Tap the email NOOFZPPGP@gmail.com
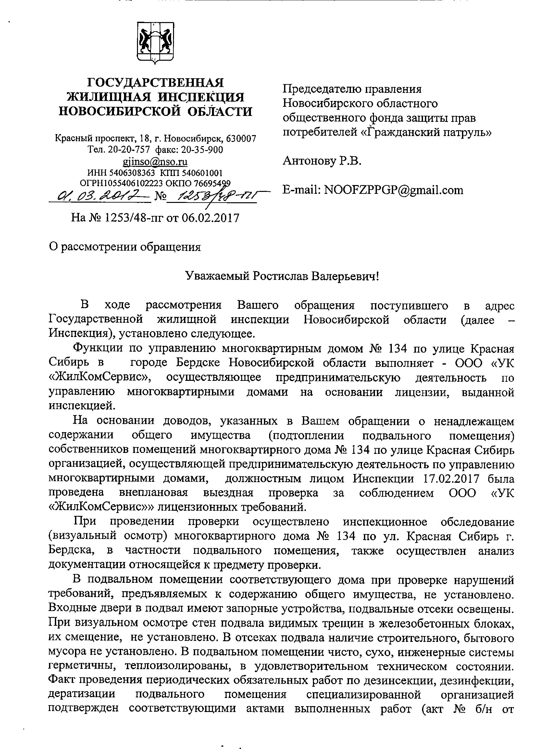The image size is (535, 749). (x=394, y=190)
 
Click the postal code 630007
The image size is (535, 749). (x=242, y=138)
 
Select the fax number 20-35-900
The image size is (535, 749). (x=202, y=150)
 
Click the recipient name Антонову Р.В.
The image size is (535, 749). (x=322, y=161)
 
